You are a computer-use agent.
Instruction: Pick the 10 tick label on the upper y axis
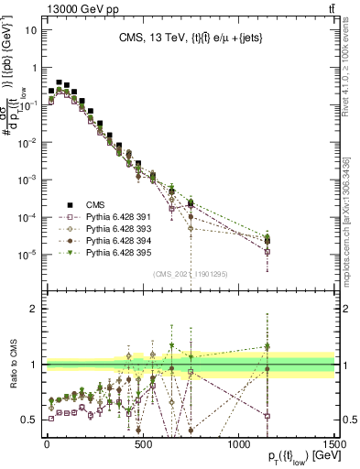coord(31,29)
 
